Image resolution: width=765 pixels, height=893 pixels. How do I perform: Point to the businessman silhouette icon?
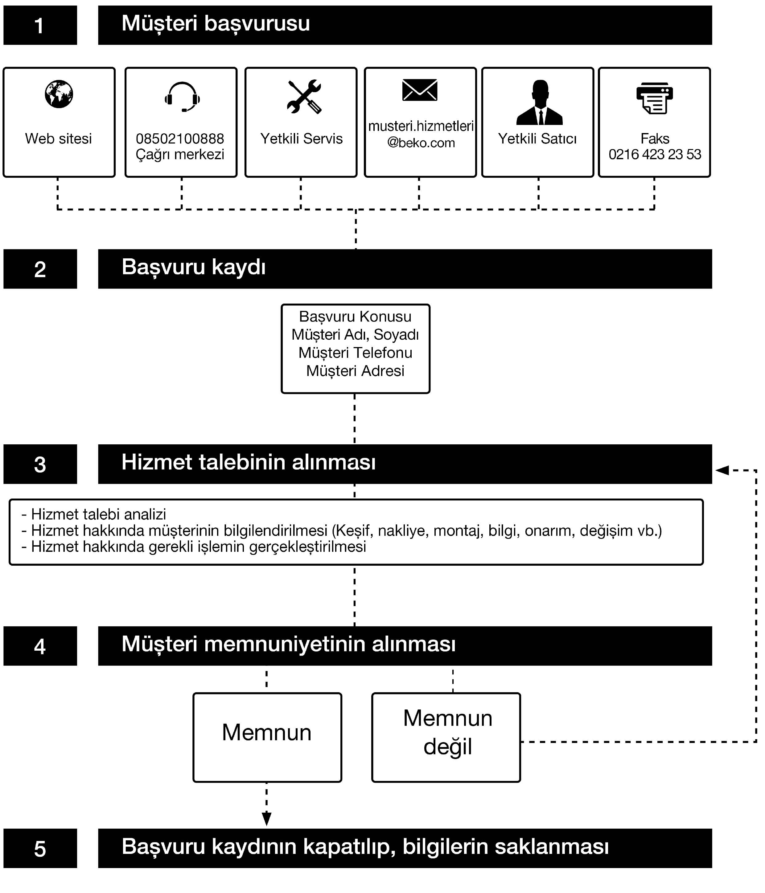(x=539, y=102)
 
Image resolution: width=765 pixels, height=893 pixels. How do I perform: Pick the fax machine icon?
(x=655, y=98)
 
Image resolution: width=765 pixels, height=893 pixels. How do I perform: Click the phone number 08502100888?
(x=180, y=139)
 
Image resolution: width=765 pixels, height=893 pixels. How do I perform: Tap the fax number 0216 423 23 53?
(x=655, y=154)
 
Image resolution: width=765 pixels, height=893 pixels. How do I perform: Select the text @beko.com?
(x=421, y=143)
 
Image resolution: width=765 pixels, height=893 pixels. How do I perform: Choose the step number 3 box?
(x=40, y=464)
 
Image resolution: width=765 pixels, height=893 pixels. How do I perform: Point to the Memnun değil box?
(x=446, y=737)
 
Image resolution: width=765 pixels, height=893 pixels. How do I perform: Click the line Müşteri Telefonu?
(x=355, y=353)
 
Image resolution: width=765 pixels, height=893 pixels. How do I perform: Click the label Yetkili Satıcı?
(x=537, y=139)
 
